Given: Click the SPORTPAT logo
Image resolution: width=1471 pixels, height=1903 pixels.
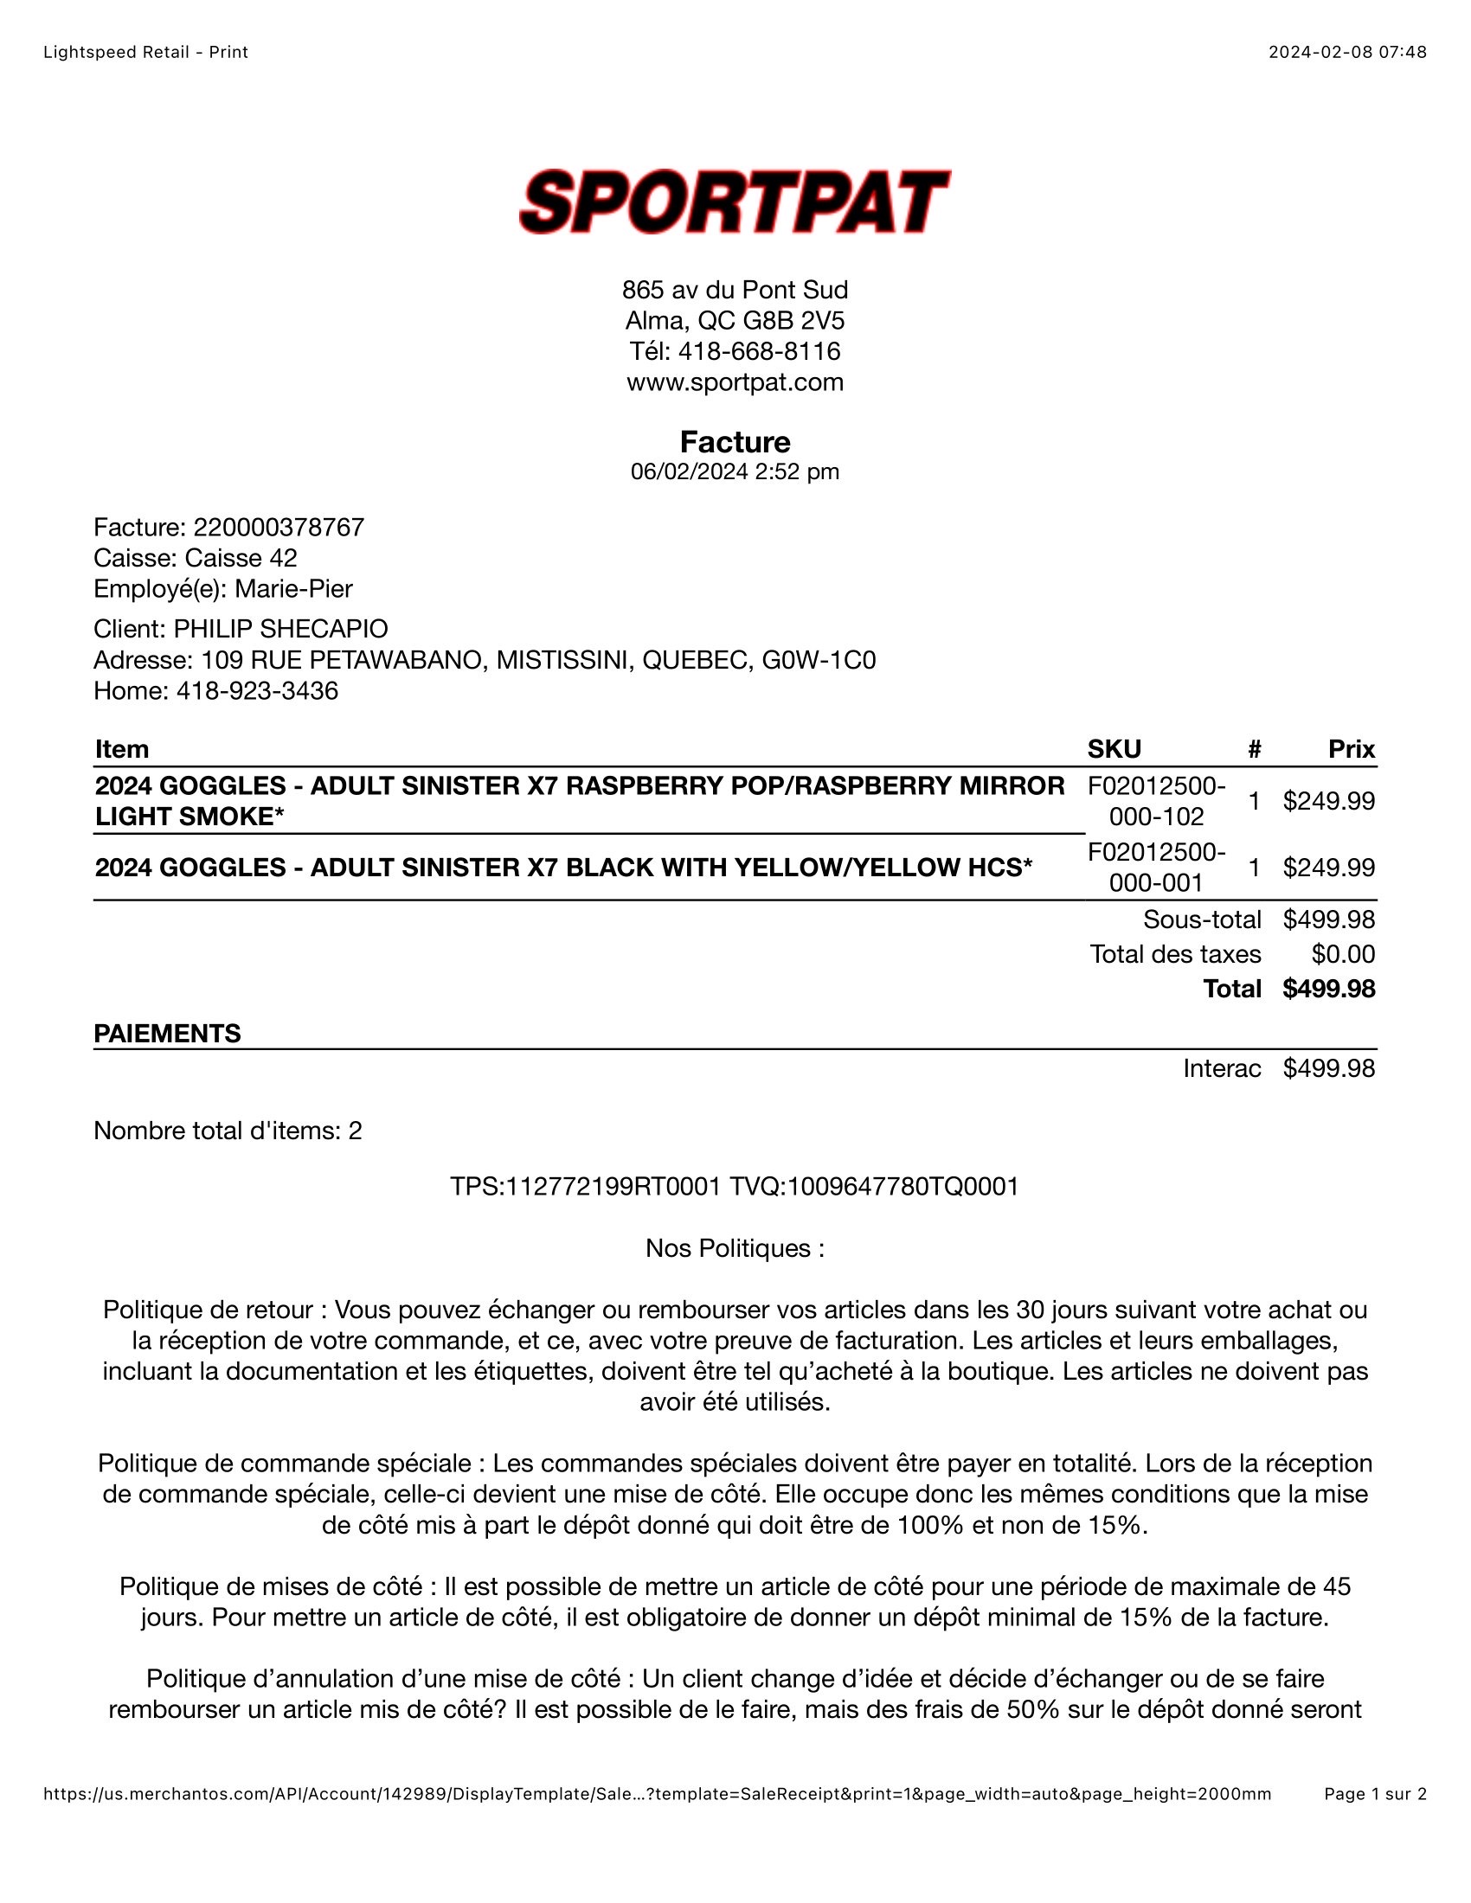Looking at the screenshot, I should tap(735, 202).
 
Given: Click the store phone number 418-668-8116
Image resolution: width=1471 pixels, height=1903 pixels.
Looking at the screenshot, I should tap(759, 351).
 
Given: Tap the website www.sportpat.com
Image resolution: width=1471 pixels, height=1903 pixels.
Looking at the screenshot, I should tap(735, 382).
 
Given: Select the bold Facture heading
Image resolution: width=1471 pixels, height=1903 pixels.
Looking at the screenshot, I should tap(735, 442).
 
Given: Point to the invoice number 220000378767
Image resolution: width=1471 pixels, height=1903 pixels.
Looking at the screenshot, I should tap(279, 527).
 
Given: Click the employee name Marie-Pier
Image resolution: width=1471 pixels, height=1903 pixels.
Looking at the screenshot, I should tap(293, 589).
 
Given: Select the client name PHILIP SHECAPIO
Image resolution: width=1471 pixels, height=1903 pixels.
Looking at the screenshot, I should tap(280, 629).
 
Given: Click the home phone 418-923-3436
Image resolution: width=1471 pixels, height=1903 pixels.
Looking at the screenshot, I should tap(257, 691).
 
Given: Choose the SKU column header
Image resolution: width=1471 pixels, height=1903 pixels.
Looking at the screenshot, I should tap(1114, 749).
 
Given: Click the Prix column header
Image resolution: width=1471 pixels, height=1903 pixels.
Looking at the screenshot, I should tap(1351, 749).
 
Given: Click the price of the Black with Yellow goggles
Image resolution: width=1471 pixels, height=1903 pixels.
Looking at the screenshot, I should tap(1328, 868).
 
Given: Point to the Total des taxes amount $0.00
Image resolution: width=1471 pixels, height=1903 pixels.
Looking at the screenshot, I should tap(1343, 954).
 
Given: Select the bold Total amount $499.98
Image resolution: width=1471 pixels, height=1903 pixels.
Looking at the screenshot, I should tap(1328, 989).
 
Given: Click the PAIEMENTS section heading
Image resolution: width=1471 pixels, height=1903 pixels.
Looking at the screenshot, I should tap(167, 1034).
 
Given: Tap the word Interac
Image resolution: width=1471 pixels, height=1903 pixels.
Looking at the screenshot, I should tap(1222, 1068).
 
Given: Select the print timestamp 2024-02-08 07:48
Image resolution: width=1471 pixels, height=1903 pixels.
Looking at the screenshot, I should tap(1347, 52).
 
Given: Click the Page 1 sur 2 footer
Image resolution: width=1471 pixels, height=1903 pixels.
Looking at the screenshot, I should tap(1375, 1794).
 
